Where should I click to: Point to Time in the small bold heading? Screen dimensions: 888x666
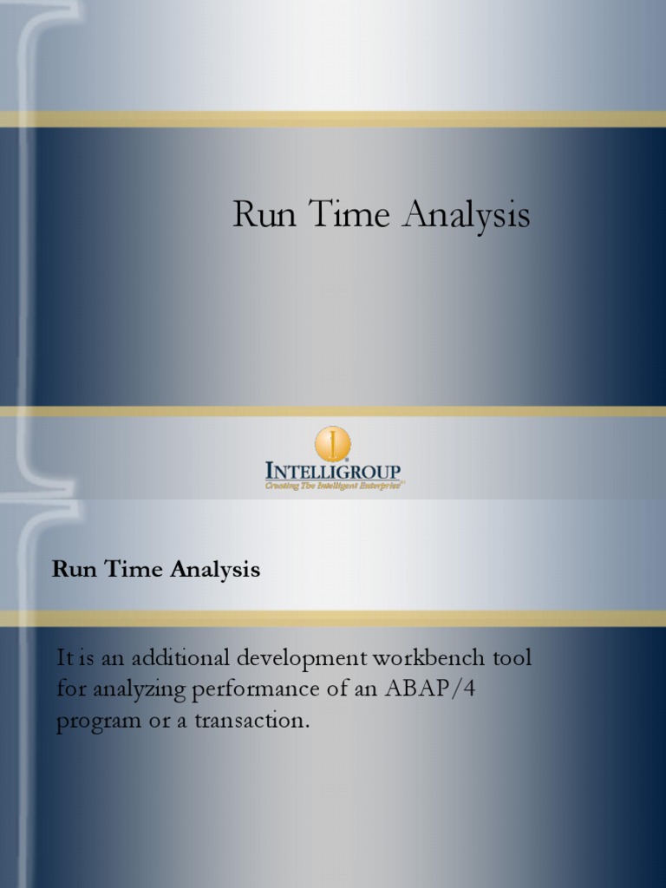129,570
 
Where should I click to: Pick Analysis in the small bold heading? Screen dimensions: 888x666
215,571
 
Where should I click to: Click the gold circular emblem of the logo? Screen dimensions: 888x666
332,443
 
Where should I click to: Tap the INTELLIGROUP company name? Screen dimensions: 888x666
333,472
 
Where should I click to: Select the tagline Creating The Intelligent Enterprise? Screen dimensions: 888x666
333,487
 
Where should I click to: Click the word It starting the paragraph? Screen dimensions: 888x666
64,658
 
